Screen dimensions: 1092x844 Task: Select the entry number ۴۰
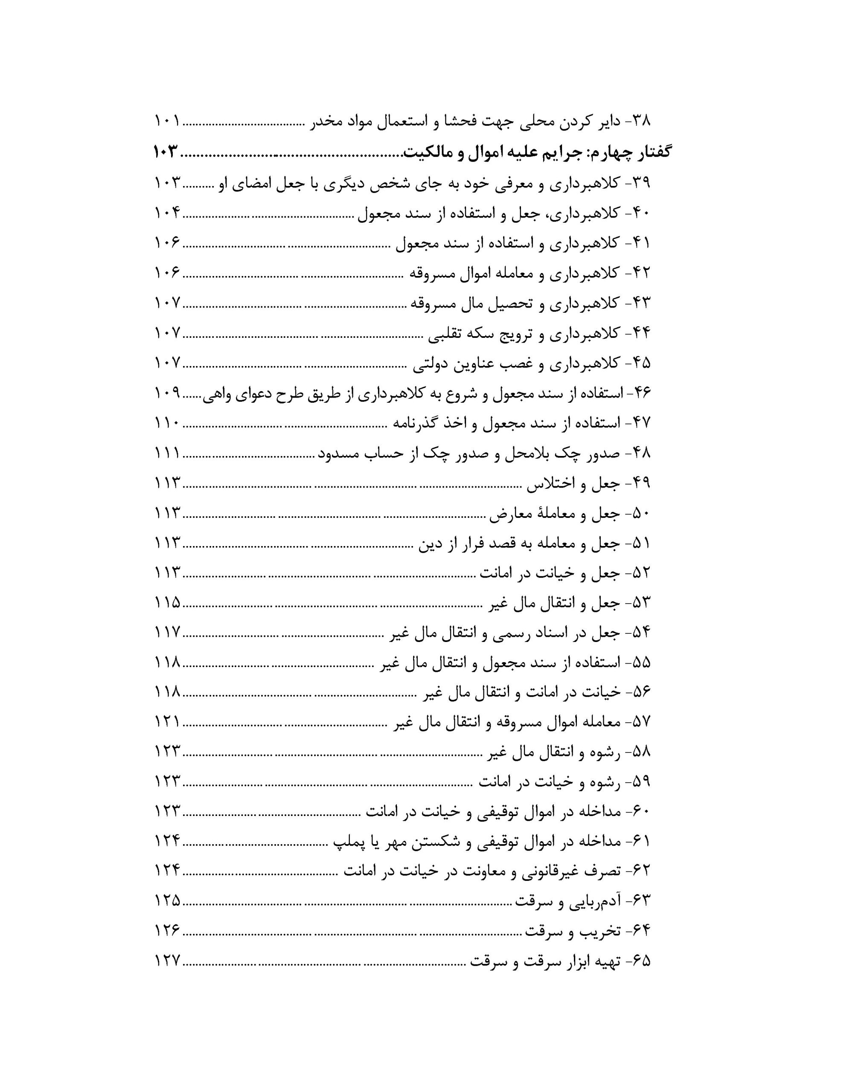pyautogui.click(x=641, y=214)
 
